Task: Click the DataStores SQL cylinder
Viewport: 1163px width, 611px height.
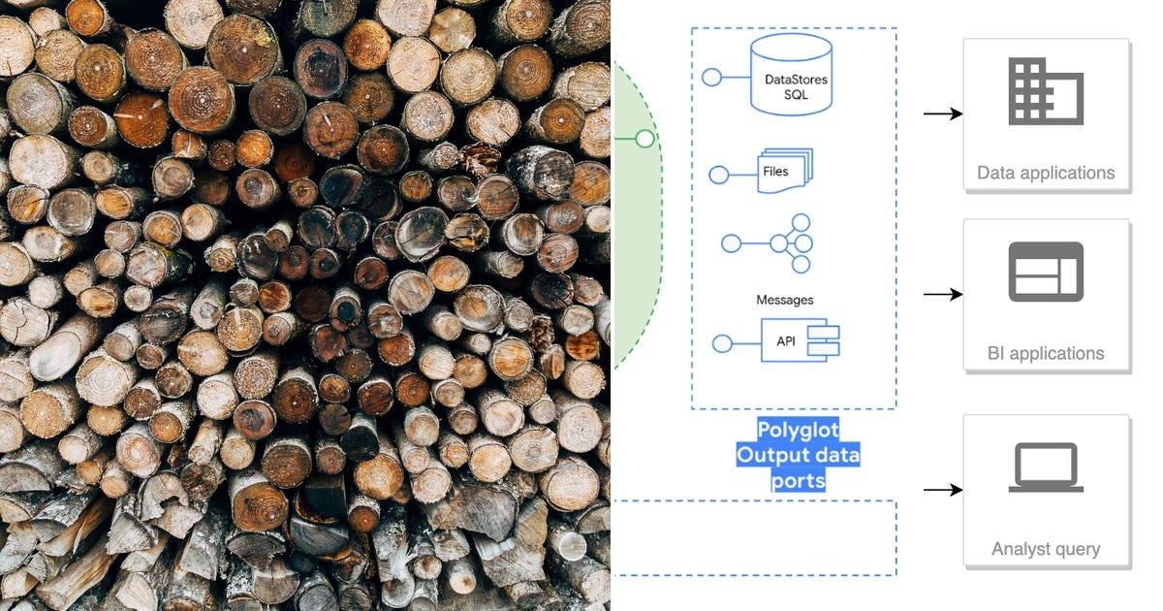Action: click(791, 75)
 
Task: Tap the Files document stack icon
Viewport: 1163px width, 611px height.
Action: click(785, 171)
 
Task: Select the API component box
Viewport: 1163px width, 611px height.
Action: click(801, 340)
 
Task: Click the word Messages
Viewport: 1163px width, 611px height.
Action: click(784, 300)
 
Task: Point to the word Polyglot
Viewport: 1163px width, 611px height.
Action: click(798, 430)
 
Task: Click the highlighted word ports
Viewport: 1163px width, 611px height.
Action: click(798, 481)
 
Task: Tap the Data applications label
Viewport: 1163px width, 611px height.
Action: click(1046, 173)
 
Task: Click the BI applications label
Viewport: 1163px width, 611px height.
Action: click(1046, 353)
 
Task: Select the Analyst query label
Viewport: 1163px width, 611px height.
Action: click(1046, 549)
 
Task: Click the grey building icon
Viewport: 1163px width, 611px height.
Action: click(1046, 91)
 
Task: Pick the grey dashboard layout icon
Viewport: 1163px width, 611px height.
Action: click(1046, 272)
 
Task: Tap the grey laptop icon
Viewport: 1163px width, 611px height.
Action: click(1046, 467)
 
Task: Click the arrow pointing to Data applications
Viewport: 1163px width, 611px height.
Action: click(943, 113)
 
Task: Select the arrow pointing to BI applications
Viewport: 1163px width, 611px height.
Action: click(943, 294)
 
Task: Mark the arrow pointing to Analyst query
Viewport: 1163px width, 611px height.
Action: click(943, 490)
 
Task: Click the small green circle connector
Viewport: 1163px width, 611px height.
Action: click(644, 139)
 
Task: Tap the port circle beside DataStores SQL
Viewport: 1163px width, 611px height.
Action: click(711, 78)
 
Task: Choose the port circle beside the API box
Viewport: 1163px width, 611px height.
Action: click(722, 343)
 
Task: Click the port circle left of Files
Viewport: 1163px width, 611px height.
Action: click(719, 175)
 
